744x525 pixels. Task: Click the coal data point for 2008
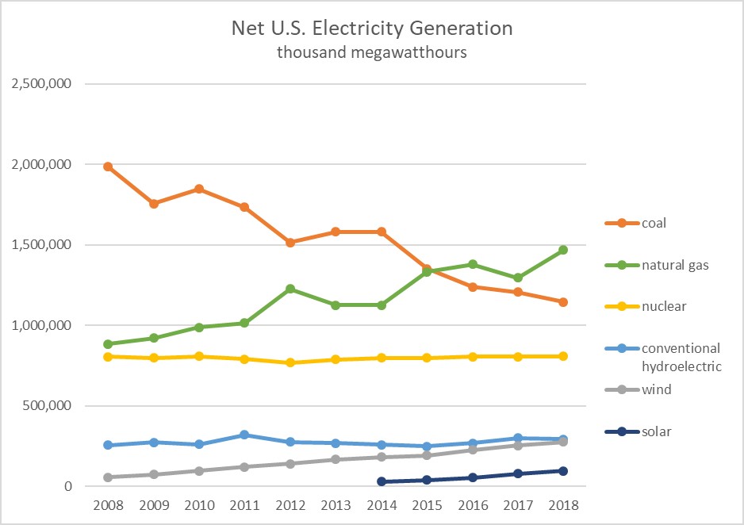click(108, 167)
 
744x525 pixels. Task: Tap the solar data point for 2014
click(382, 481)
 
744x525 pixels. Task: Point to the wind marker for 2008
click(108, 477)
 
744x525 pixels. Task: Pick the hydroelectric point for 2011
click(244, 435)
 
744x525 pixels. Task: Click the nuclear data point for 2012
click(290, 362)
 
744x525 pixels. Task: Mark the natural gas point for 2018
click(563, 250)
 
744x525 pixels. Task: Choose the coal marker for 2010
click(199, 189)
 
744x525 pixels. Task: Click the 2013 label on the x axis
click(336, 505)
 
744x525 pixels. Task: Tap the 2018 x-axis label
click(563, 505)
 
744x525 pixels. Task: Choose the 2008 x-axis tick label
click(108, 505)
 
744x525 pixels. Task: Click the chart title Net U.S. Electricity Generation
click(372, 29)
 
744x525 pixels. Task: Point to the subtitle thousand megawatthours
click(372, 53)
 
